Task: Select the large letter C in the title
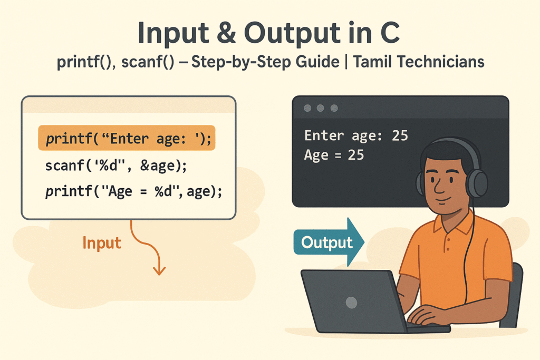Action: (390, 33)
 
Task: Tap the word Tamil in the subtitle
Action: (372, 62)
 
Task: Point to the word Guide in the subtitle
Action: (317, 62)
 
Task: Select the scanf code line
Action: (116, 166)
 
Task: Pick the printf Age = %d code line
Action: (133, 191)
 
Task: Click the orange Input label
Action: (102, 242)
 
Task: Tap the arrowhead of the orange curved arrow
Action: (159, 270)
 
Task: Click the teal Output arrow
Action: (329, 242)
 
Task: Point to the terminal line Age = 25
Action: (334, 155)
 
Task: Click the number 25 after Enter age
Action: (400, 135)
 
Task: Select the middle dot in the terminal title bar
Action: (320, 108)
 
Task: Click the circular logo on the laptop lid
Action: (351, 303)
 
